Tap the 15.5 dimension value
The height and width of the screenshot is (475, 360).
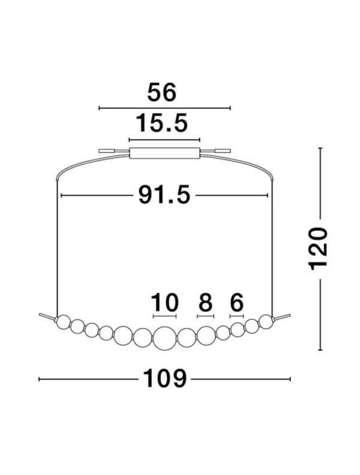162,124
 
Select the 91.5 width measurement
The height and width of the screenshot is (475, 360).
164,195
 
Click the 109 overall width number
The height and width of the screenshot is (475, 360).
164,379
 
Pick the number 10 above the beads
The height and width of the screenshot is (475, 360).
164,301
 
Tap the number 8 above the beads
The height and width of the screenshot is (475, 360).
205,301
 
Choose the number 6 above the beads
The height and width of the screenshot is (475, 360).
236,301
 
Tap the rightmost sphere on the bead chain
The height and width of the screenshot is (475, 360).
266,321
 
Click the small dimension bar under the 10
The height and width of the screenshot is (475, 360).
164,316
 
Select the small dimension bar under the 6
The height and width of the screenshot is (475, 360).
236,316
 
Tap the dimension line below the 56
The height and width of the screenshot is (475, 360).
164,109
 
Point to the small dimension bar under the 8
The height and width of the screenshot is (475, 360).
205,316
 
